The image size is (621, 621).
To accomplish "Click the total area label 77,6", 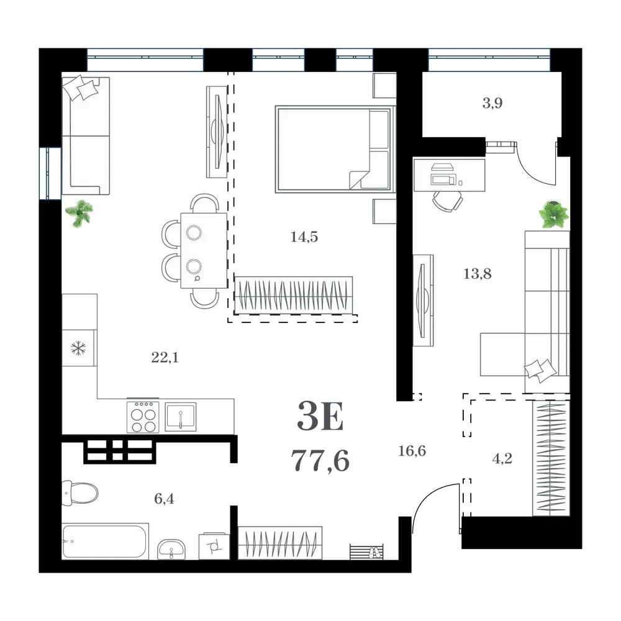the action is click(320, 461).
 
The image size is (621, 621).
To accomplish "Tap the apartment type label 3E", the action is click(320, 416).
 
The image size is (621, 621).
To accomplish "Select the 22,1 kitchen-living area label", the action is click(165, 358).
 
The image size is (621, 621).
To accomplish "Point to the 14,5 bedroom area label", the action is click(304, 237).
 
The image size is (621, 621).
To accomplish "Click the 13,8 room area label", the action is click(477, 274).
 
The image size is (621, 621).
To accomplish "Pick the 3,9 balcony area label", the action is click(492, 103).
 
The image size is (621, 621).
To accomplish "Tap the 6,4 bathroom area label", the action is click(164, 499).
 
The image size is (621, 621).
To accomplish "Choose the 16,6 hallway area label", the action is click(412, 451).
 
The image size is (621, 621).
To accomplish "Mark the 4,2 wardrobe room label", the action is click(502, 459).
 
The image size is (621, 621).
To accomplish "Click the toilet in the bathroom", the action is click(80, 492).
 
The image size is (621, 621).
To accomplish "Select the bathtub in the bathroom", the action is click(105, 541).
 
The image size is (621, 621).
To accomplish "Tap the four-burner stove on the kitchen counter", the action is click(143, 417).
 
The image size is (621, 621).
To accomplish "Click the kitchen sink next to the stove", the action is click(181, 417).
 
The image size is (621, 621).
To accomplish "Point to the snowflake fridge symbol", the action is click(78, 348).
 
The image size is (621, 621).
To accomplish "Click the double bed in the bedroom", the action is click(335, 149).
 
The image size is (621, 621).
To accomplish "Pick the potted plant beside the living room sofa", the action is click(79, 212).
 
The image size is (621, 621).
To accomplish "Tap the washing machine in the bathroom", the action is click(214, 546).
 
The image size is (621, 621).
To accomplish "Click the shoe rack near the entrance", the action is click(366, 552).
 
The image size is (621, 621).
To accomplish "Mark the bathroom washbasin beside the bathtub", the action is click(171, 549).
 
